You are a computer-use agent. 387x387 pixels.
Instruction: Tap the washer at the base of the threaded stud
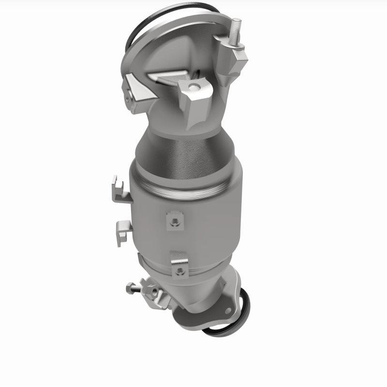coord(236,47)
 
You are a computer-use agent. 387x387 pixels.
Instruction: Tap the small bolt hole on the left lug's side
coord(128,99)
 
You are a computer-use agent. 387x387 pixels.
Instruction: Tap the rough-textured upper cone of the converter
coord(184,150)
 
